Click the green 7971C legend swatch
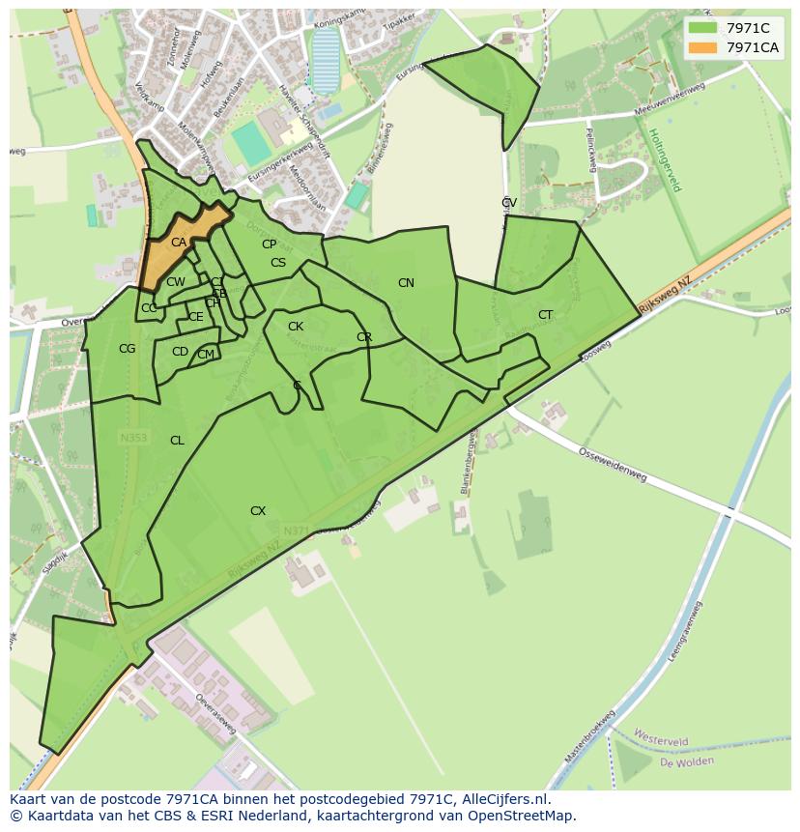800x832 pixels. coord(702,28)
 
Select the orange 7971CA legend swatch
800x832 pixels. coord(702,47)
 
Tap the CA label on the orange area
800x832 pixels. coord(179,243)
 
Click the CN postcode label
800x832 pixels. coord(406,283)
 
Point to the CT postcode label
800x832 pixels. coord(546,315)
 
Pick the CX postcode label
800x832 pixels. coord(258,511)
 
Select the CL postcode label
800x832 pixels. coord(177,441)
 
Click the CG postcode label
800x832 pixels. coord(127,349)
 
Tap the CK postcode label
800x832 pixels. coord(296,327)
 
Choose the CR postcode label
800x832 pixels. coord(364,337)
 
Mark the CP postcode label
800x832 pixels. coord(269,244)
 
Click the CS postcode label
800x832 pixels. coord(278,263)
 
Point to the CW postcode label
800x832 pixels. coord(175,282)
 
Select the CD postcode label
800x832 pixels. coord(180,352)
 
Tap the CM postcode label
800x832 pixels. coord(206,355)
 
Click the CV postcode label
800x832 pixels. coord(509,203)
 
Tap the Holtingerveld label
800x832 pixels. coord(665,160)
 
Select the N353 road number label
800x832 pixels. coord(133,438)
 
